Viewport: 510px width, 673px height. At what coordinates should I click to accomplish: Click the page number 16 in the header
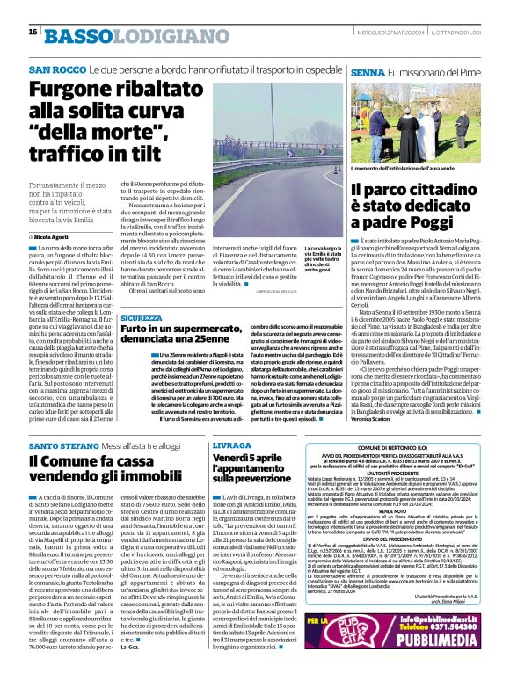click(x=32, y=32)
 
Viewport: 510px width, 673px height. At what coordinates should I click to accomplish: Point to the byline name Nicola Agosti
click(x=57, y=237)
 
